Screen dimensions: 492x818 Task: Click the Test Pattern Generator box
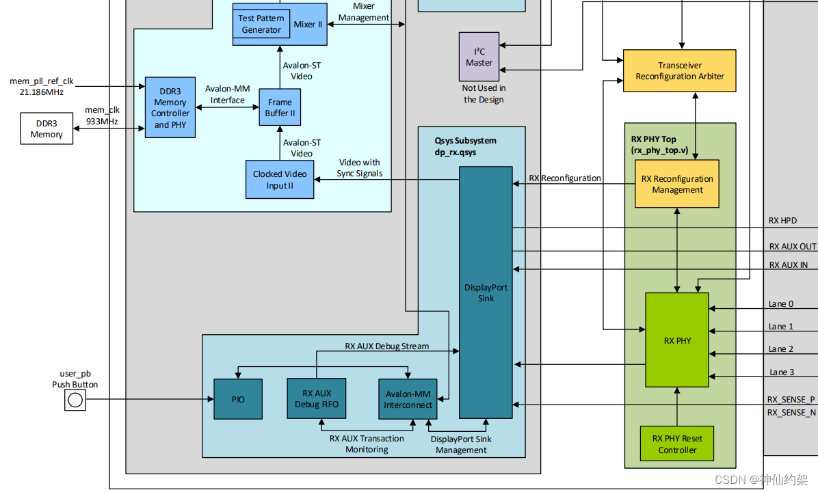261,24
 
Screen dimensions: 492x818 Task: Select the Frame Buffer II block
280,107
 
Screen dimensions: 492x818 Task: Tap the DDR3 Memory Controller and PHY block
170,108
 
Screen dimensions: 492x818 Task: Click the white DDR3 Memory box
47,129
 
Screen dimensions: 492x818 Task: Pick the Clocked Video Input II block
280,180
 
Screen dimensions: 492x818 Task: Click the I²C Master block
479,57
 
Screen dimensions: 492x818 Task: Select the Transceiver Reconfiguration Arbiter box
679,70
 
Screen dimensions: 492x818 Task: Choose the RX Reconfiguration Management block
677,184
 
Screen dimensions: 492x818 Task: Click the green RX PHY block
677,340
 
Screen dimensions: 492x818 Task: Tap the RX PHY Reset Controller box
677,444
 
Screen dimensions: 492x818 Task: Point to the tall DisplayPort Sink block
486,292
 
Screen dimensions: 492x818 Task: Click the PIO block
238,399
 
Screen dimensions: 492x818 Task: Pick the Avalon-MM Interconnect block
408,399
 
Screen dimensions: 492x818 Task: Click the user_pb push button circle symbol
75,400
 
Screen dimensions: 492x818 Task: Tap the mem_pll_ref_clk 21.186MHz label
41,86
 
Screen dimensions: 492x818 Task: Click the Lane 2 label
781,349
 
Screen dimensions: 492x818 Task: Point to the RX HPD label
782,221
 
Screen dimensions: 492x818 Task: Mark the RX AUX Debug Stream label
386,346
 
